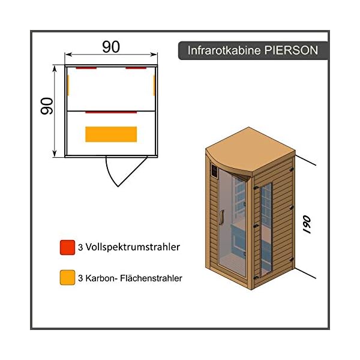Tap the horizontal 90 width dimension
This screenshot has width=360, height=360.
pyautogui.click(x=111, y=47)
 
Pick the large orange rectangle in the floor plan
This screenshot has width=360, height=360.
pyautogui.click(x=111, y=134)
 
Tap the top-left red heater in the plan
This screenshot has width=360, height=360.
pyautogui.click(x=86, y=68)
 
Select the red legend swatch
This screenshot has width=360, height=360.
pyautogui.click(x=67, y=247)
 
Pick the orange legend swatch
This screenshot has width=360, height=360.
pyautogui.click(x=67, y=278)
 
